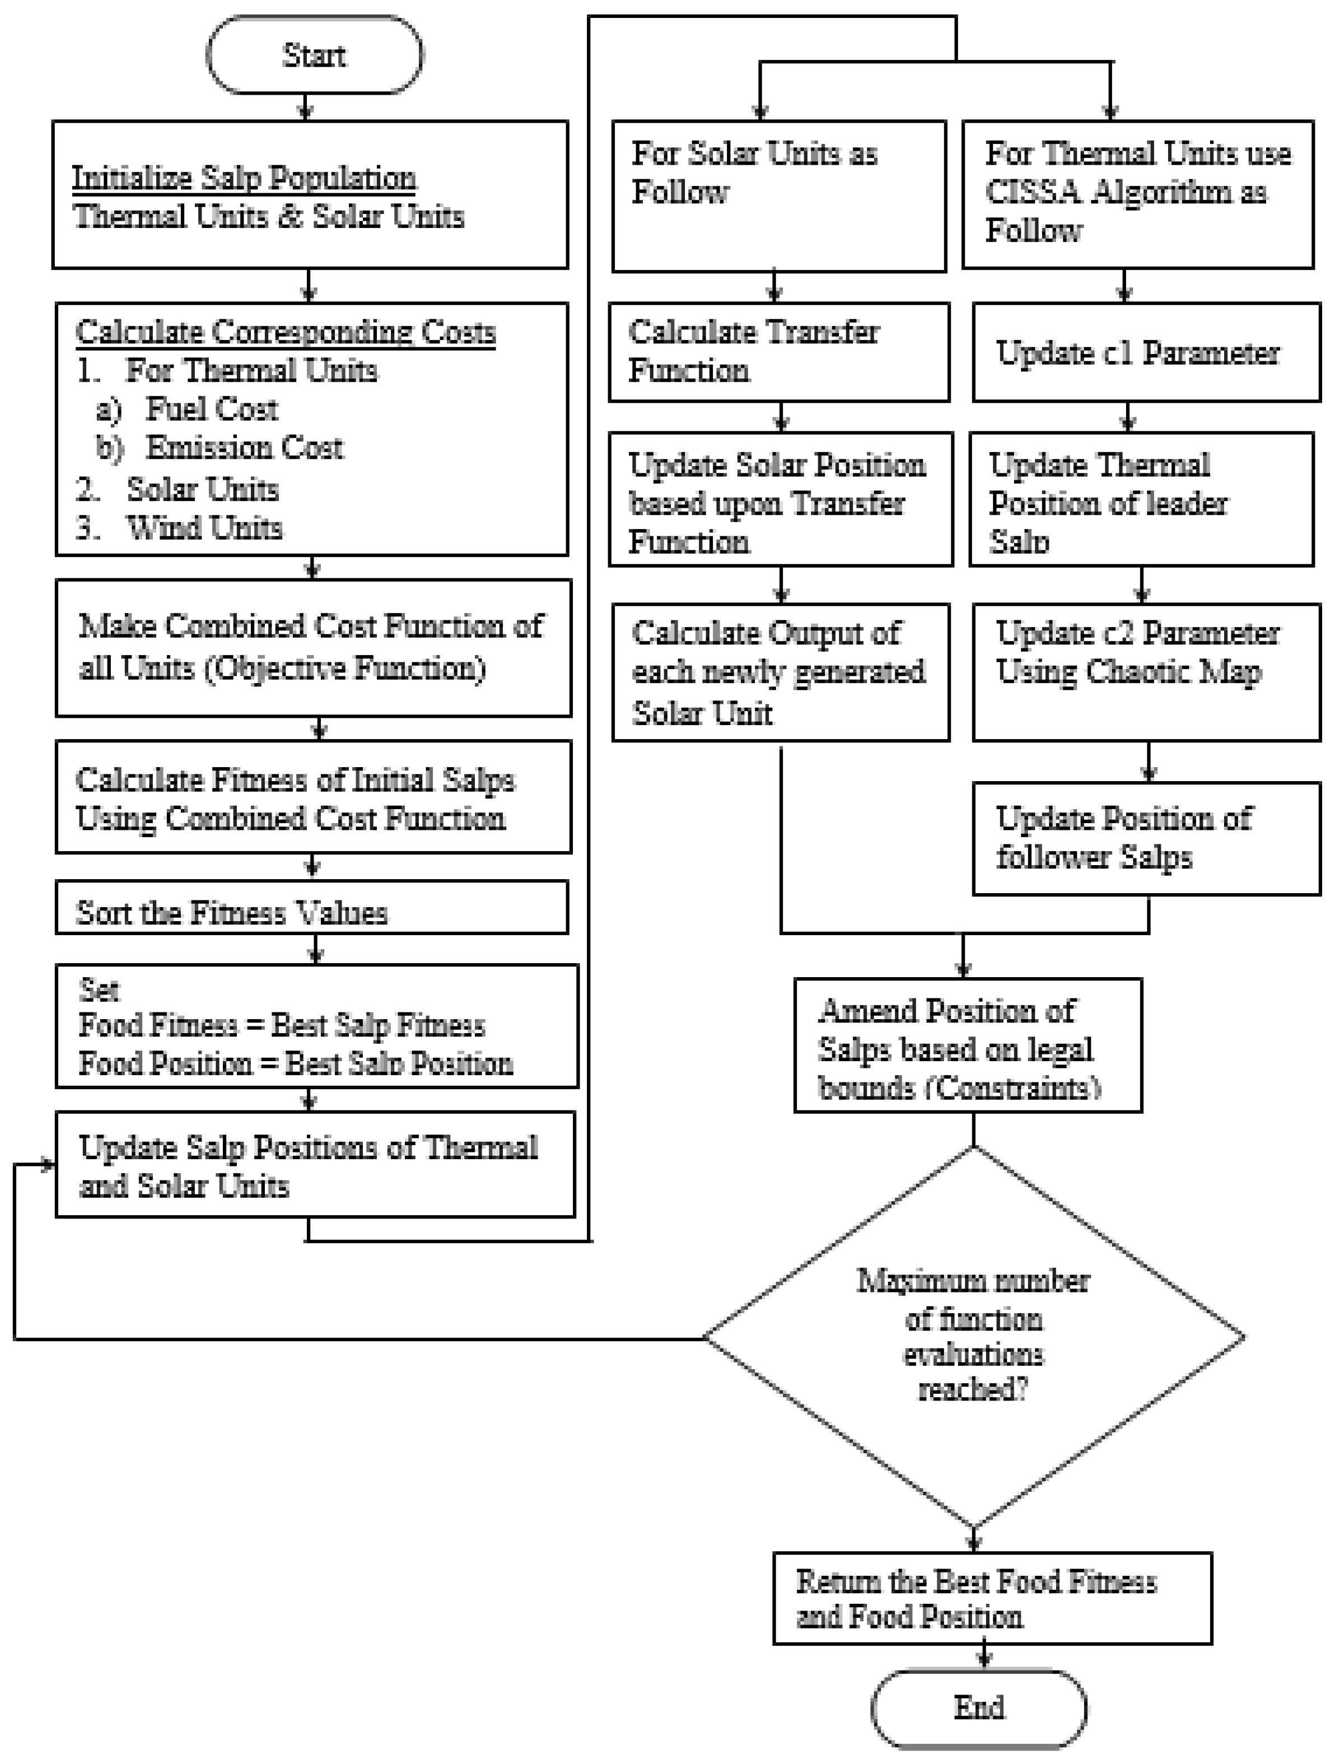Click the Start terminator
(x=314, y=55)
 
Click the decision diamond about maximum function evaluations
(x=973, y=1337)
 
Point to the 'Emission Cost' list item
(x=244, y=448)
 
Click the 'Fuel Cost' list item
(x=212, y=409)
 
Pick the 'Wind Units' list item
(x=204, y=527)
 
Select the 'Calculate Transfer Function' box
(x=779, y=352)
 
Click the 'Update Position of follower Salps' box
(x=1146, y=839)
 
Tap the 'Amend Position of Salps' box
(x=968, y=1045)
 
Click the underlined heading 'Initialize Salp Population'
(x=244, y=178)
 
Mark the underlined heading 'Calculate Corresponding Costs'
(x=286, y=332)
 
